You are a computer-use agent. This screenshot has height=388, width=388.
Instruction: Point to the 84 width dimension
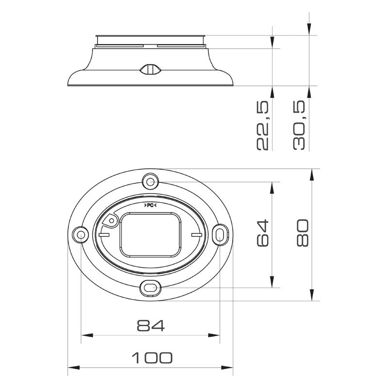click(x=150, y=325)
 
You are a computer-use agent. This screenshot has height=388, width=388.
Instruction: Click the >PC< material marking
click(x=150, y=205)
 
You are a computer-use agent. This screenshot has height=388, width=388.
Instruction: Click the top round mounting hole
click(x=150, y=182)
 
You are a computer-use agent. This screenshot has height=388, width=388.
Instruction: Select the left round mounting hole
click(x=80, y=235)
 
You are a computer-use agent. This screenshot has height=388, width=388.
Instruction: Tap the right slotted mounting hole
click(x=220, y=235)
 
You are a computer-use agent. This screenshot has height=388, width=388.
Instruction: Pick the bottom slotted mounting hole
click(x=150, y=288)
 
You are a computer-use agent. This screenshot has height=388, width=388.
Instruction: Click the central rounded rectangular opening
click(x=150, y=235)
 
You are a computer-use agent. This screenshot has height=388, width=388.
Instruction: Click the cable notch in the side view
click(x=150, y=69)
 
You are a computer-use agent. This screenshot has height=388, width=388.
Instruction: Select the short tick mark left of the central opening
click(x=103, y=235)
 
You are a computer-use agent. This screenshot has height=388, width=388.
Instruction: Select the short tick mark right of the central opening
click(x=196, y=235)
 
